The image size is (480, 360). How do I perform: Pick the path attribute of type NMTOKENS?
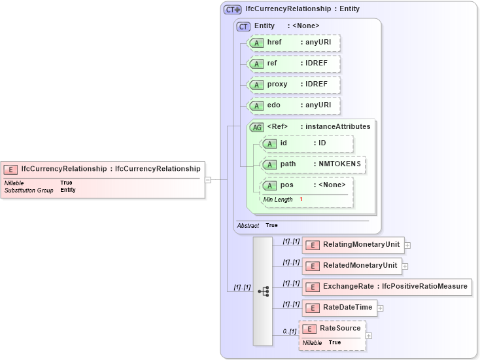pyautogui.click(x=313, y=164)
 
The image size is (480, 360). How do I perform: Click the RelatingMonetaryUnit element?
pyautogui.click(x=353, y=245)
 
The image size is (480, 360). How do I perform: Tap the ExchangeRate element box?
pyautogui.click(x=386, y=287)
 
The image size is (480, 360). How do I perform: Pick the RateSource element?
pyautogui.click(x=332, y=328)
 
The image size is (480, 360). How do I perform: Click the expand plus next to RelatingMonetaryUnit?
pyautogui.click(x=407, y=245)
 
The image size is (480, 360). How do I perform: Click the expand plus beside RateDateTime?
pyautogui.click(x=380, y=308)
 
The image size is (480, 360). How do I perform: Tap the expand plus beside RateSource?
pyautogui.click(x=369, y=336)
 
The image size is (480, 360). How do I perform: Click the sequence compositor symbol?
pyautogui.click(x=263, y=291)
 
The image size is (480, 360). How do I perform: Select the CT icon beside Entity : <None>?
pyautogui.click(x=243, y=26)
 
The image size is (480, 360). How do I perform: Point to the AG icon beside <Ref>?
pyautogui.click(x=256, y=127)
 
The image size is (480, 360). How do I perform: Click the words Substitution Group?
pyautogui.click(x=29, y=190)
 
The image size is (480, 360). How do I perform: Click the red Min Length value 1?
pyautogui.click(x=301, y=199)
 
